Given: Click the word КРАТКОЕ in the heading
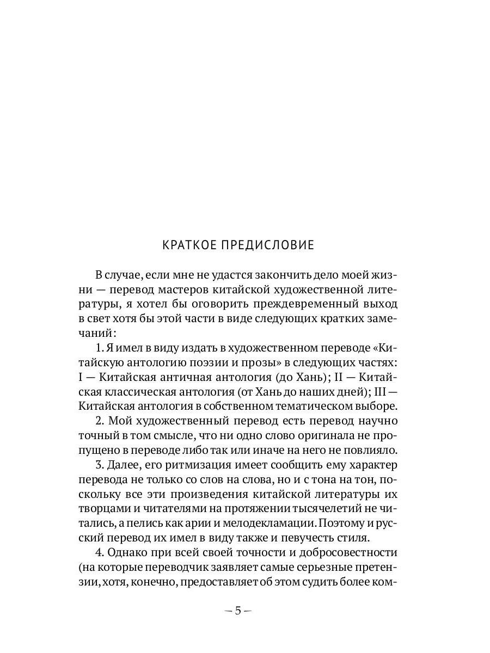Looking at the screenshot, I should [189, 245].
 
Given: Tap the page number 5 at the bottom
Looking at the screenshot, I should [238, 611].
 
